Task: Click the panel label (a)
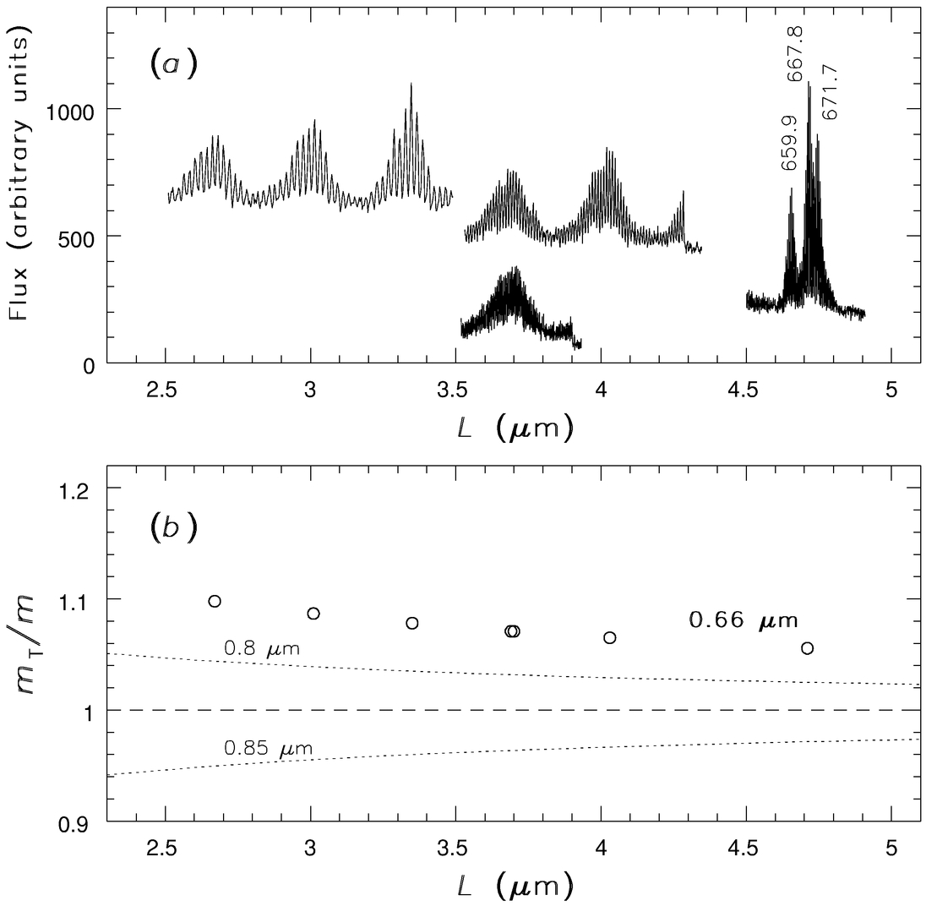point(173,65)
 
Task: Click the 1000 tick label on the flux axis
point(74,109)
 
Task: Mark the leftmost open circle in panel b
point(215,601)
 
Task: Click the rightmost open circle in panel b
point(807,648)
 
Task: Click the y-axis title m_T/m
point(30,656)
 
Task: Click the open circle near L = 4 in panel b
point(610,637)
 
